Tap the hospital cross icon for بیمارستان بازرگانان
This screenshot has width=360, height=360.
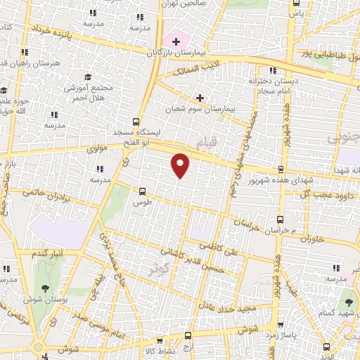click(176, 42)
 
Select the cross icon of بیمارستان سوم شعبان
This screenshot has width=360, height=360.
click(200, 97)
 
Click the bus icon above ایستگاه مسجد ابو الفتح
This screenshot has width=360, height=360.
click(136, 120)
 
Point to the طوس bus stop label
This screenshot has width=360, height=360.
click(142, 201)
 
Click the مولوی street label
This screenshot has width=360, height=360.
click(96, 150)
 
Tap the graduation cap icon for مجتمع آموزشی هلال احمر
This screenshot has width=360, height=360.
click(88, 77)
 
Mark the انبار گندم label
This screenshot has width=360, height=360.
click(48, 252)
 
